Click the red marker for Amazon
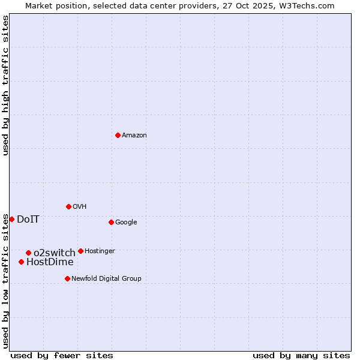click(118, 135)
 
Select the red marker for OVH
click(68, 206)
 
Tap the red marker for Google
click(111, 222)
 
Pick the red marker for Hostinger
click(80, 251)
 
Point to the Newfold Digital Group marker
click(67, 278)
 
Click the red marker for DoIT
click(11, 219)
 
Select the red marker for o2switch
click(28, 253)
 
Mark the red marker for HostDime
click(21, 262)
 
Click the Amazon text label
click(134, 136)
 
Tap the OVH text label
click(80, 207)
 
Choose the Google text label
click(126, 223)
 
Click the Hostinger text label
click(100, 251)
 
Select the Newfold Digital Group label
click(106, 279)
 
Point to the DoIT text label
click(28, 220)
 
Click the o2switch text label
click(55, 253)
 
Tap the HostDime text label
click(50, 262)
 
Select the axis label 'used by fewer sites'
click(62, 355)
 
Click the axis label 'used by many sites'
click(301, 355)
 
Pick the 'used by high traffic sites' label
click(5, 85)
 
